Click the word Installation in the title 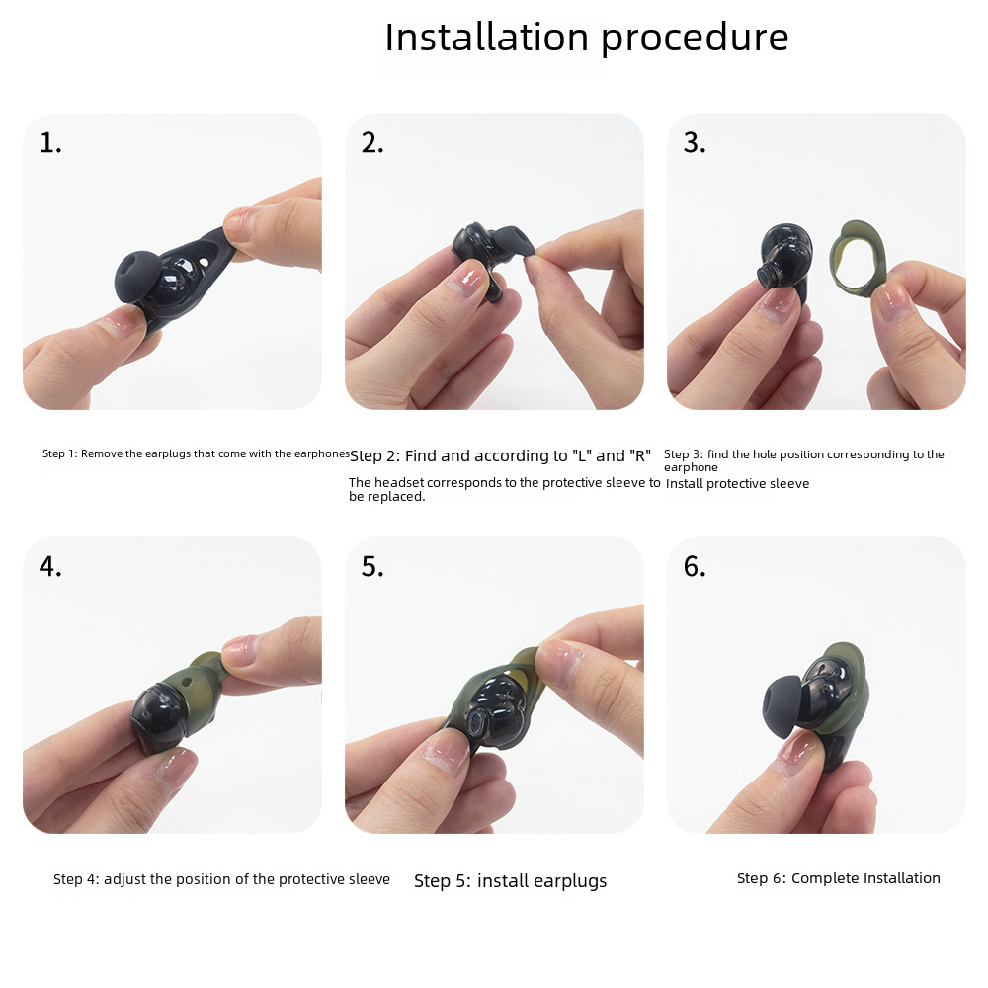point(487,38)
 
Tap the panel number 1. point(50,143)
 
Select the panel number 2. point(372,143)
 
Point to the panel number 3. point(695,143)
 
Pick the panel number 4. point(50,566)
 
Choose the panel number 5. point(372,566)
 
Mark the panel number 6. point(695,566)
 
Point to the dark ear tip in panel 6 point(784,705)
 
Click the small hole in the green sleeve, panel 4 point(187,682)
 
